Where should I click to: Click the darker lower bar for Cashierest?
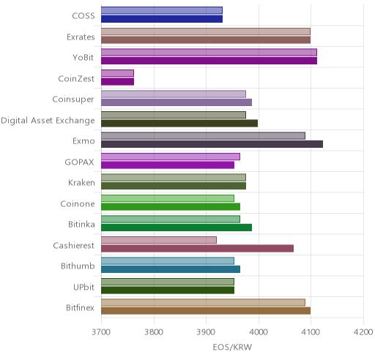(x=197, y=249)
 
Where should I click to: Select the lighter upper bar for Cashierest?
(x=159, y=240)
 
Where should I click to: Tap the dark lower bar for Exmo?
(x=212, y=144)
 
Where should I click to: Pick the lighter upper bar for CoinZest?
(x=117, y=73)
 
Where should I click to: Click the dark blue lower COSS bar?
(x=162, y=19)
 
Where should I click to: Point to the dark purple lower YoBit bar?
(x=209, y=61)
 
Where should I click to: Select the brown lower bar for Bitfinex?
(x=206, y=311)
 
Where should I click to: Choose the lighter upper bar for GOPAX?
(x=171, y=157)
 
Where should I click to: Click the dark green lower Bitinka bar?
(x=177, y=228)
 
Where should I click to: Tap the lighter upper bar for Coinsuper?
(x=174, y=94)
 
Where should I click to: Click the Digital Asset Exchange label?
(x=48, y=121)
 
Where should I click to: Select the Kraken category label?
(x=81, y=183)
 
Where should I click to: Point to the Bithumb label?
(x=78, y=266)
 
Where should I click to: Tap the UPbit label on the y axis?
(x=83, y=287)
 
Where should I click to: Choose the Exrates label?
(x=81, y=37)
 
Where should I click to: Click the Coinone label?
(x=78, y=203)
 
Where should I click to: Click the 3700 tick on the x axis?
(x=101, y=332)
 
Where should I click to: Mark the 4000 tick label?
(x=259, y=332)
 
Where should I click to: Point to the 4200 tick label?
(x=363, y=332)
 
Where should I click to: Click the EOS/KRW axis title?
(x=232, y=347)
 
